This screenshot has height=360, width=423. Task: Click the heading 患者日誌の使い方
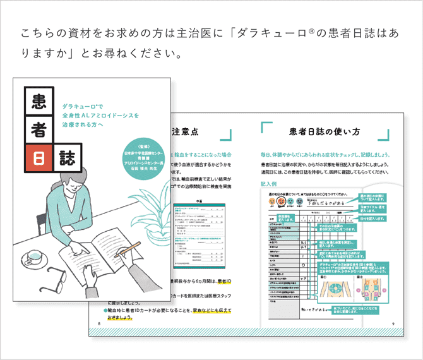tap(325, 132)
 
